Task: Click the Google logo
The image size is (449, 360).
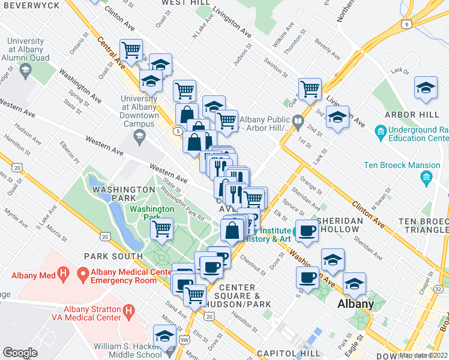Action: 20,353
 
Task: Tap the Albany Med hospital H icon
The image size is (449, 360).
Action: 64,276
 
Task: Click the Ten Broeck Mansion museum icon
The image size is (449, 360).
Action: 427,177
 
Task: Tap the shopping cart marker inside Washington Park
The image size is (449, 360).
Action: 162,229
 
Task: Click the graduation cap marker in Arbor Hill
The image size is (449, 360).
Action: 426,88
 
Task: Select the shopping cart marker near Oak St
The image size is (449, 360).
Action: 310,89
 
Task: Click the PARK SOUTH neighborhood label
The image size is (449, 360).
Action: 113,256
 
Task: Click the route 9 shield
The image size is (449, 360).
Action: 407,24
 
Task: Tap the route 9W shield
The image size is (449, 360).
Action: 184,340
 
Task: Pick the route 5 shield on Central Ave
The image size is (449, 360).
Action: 179,130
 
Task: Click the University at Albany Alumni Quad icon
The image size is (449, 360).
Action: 26,72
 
